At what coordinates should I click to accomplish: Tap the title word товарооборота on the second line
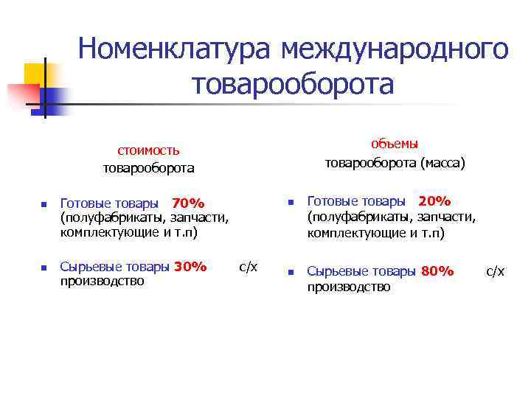click(293, 83)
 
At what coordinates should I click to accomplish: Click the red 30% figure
click(190, 266)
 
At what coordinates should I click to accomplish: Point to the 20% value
click(434, 201)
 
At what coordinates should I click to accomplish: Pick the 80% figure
click(437, 271)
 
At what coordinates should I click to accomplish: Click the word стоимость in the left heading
click(148, 150)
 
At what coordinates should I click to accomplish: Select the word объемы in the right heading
click(395, 144)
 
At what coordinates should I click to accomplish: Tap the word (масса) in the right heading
click(442, 162)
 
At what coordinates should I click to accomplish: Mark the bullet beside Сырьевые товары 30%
click(44, 268)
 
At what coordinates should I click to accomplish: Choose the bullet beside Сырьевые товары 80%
click(291, 272)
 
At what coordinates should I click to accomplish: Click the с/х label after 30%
click(249, 266)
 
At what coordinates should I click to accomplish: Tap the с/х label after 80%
click(495, 271)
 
